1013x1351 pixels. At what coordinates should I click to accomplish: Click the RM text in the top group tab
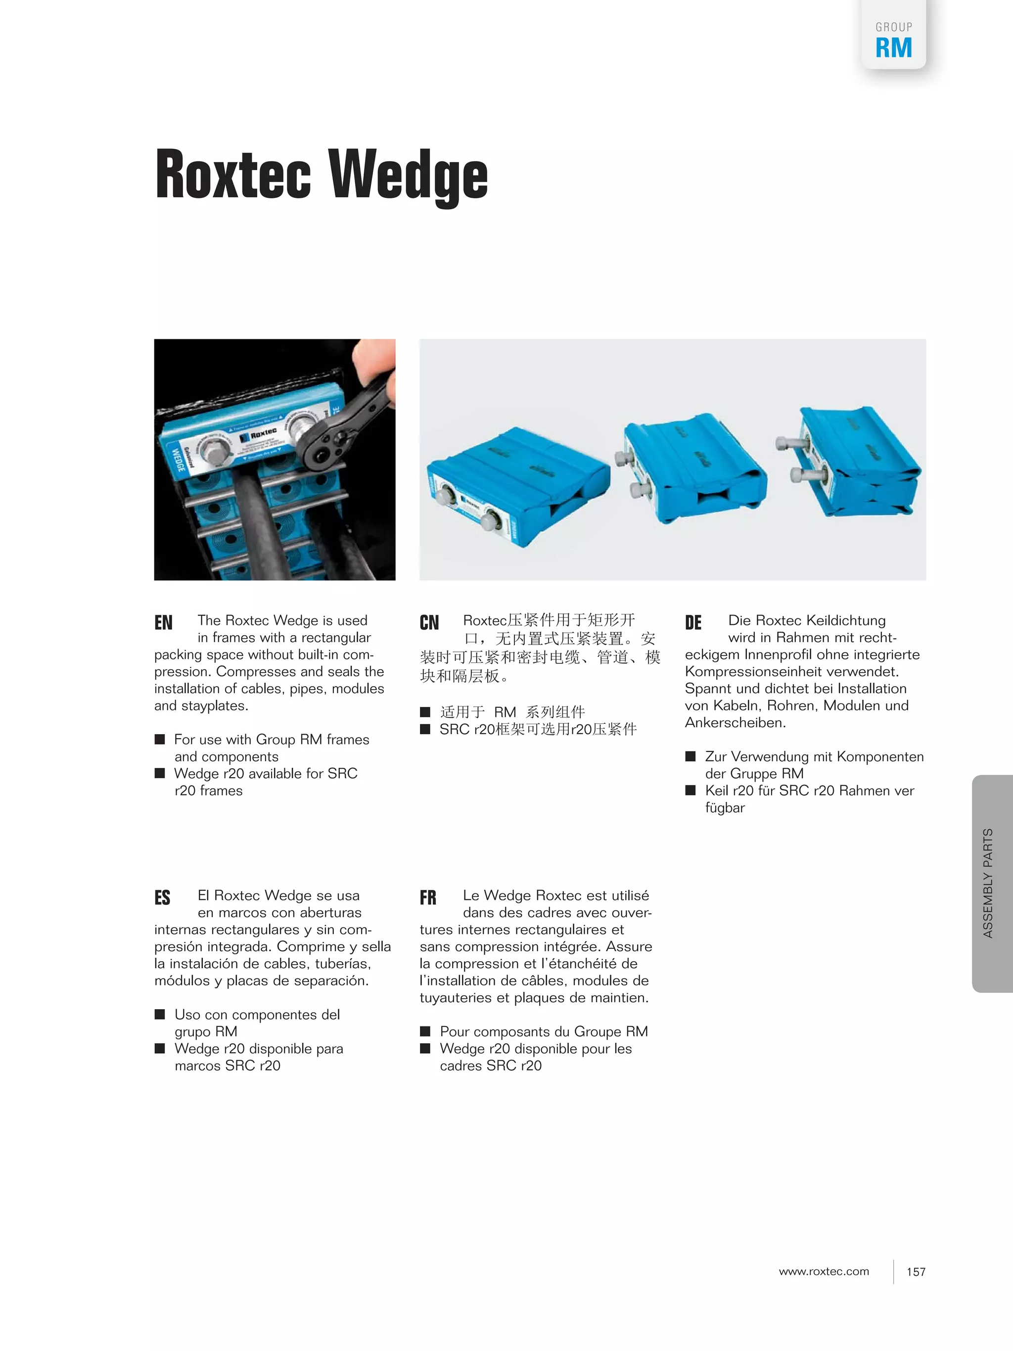click(893, 47)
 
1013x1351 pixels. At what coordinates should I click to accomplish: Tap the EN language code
click(164, 622)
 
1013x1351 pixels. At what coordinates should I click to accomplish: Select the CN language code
click(429, 622)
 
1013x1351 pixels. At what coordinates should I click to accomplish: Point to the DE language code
click(693, 622)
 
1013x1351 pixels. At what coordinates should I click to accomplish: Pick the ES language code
click(162, 897)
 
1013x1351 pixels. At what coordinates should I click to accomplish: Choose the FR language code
click(428, 897)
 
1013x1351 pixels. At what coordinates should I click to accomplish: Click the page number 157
click(916, 1271)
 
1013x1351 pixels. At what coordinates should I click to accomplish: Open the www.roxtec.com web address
click(824, 1271)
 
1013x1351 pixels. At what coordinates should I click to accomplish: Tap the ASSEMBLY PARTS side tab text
click(988, 883)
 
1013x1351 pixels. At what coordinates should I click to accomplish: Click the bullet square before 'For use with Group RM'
click(160, 739)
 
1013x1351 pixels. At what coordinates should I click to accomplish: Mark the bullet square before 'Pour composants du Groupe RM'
click(425, 1031)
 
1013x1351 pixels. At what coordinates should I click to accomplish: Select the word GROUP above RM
click(894, 27)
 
